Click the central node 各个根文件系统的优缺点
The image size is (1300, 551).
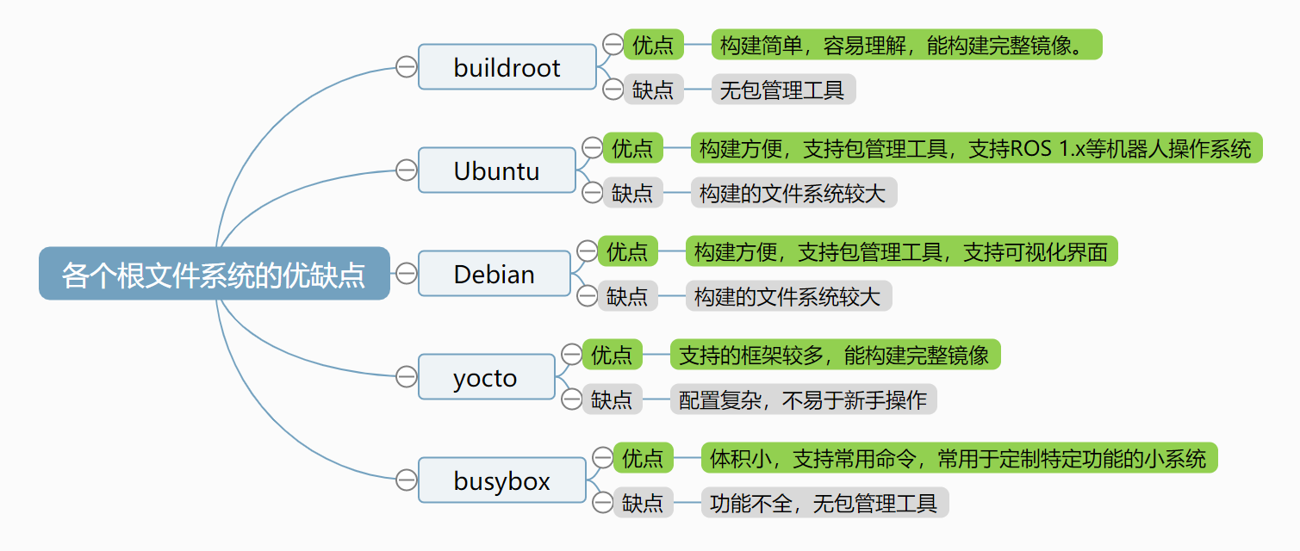coord(214,274)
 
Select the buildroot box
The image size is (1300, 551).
coord(507,67)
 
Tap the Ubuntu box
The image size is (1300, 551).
coord(496,170)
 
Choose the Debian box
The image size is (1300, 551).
coord(494,274)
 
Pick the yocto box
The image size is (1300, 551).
coord(486,377)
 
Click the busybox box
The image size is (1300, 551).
coord(501,480)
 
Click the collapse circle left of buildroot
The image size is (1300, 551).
coord(406,67)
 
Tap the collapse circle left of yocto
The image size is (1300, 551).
coord(406,377)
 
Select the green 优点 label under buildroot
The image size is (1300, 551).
coord(653,44)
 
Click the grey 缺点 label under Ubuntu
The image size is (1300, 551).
coord(632,193)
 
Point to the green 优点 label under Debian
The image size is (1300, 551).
coord(627,251)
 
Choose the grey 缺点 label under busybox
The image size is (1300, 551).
coord(643,503)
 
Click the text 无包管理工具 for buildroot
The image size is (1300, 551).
coord(782,90)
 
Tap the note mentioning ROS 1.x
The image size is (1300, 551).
coord(975,148)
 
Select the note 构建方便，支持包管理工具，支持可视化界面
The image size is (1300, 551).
coord(900,251)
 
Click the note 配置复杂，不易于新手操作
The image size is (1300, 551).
coord(802,399)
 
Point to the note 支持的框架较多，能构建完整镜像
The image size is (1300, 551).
coord(834,355)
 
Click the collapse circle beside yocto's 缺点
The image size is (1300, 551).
coord(571,399)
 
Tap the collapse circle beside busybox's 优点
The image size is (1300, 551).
coord(602,457)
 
